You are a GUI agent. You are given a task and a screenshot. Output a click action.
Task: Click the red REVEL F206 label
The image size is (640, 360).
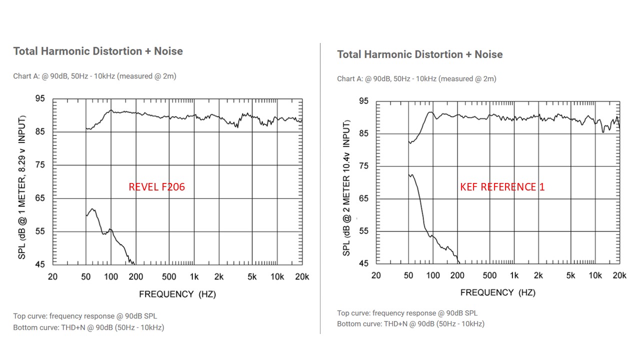pos(156,187)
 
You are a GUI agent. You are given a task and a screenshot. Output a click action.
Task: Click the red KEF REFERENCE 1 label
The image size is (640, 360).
pos(502,187)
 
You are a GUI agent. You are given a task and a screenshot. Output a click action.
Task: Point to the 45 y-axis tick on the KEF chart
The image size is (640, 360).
pos(363,263)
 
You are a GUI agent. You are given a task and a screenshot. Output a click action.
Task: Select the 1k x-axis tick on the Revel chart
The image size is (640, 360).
pos(194,277)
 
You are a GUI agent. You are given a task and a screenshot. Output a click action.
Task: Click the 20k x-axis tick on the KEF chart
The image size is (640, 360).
pos(619,275)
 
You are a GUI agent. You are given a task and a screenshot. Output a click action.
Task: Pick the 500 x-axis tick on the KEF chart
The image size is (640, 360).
pos(489,275)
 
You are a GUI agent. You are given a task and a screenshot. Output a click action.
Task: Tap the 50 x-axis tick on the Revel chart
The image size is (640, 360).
pos(86,277)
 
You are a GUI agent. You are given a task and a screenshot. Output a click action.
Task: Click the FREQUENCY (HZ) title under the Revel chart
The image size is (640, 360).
pos(177,294)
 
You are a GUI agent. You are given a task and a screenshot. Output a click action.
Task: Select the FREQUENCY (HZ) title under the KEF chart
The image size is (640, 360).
pos(497,292)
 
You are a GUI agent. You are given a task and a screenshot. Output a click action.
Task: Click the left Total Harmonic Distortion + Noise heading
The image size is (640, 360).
pos(98,51)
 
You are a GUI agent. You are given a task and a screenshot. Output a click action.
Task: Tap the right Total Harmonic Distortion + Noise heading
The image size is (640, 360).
pos(419,54)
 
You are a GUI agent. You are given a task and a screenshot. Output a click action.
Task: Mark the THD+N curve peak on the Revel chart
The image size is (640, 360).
pos(92,208)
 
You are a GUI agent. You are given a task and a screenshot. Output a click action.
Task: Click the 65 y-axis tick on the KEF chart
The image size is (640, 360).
pos(363,198)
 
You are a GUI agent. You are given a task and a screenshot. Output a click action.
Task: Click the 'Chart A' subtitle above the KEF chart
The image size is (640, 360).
pos(416,78)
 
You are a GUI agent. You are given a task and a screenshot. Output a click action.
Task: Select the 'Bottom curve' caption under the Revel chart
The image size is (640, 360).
pos(88,327)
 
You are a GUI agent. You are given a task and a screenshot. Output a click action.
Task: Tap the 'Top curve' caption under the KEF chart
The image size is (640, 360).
pos(407,313)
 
